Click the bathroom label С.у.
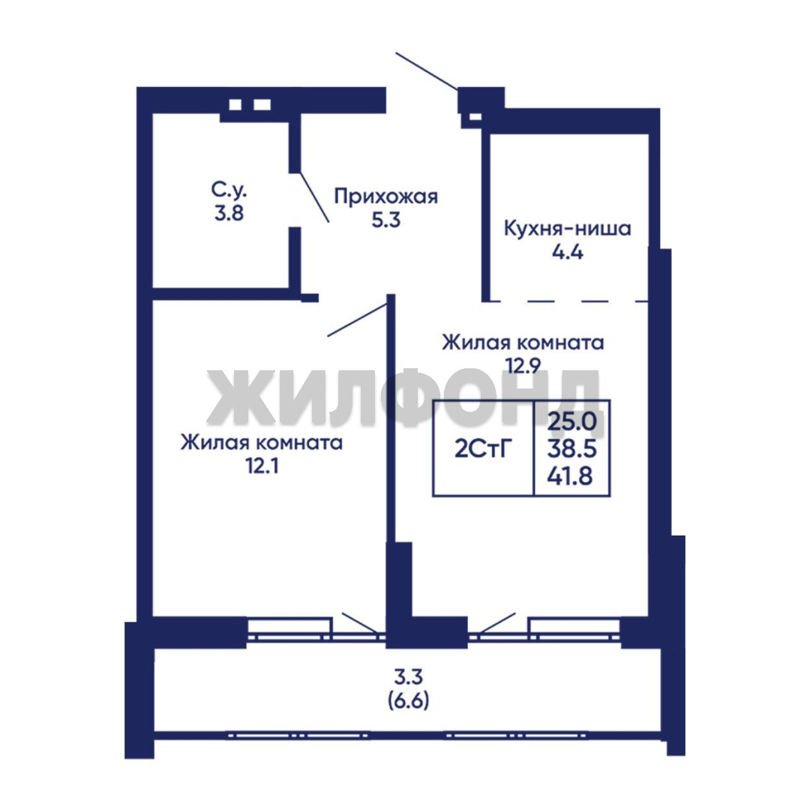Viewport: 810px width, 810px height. click(229, 190)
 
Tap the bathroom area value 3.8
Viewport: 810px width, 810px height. click(229, 213)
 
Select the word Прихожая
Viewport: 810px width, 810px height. click(386, 196)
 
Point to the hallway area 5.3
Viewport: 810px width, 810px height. click(386, 220)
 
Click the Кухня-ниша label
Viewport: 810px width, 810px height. click(567, 228)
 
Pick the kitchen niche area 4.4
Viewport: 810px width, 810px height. click(567, 252)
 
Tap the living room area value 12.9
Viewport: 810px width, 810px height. click(523, 366)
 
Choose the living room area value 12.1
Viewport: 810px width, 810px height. click(262, 466)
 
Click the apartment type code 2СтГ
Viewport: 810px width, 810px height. click(483, 449)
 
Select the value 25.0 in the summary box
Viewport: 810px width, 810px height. click(571, 421)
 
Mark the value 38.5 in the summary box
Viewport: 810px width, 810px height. click(571, 449)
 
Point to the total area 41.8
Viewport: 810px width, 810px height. click(570, 475)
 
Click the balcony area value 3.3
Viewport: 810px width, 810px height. click(409, 676)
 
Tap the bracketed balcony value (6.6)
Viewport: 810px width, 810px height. click(408, 701)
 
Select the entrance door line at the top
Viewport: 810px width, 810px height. click(427, 71)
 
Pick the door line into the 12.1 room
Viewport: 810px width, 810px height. click(358, 319)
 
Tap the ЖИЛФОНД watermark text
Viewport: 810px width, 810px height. click(403, 397)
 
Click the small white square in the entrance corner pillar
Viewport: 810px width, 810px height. click(475, 117)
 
